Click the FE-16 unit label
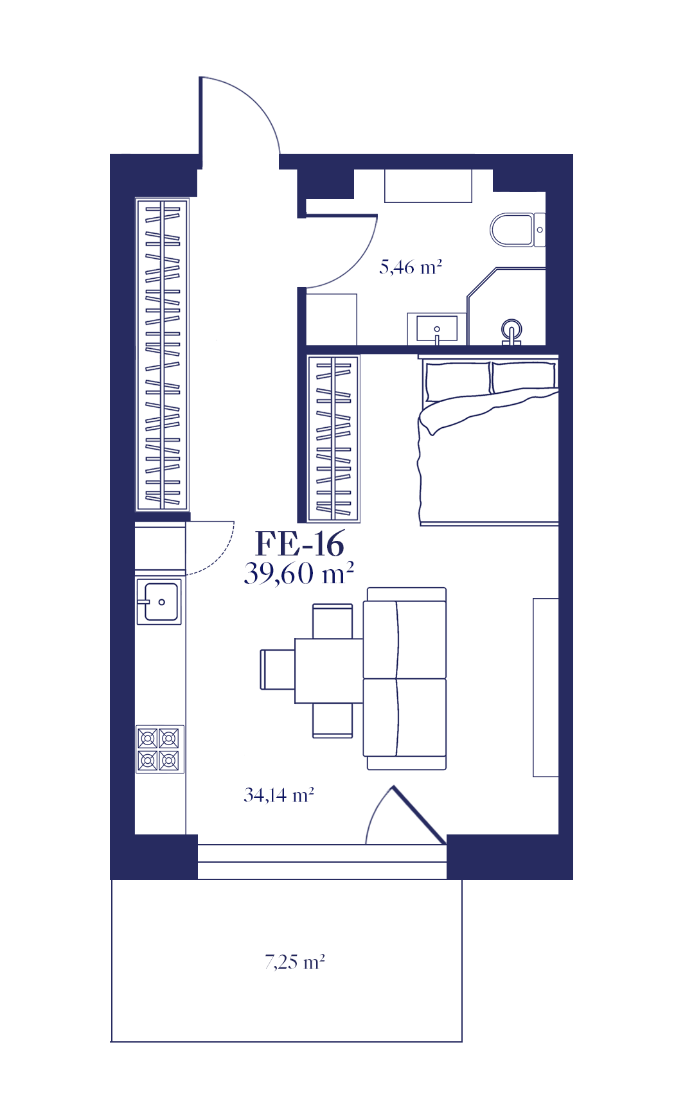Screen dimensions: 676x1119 click(x=299, y=544)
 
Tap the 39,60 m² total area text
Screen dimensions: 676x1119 click(x=299, y=573)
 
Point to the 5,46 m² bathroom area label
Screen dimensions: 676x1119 click(x=411, y=267)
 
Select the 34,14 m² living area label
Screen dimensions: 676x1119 click(x=279, y=795)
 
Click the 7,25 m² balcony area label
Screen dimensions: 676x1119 click(x=295, y=962)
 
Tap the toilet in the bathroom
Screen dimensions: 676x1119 click(x=517, y=229)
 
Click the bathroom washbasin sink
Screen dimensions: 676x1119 click(x=437, y=328)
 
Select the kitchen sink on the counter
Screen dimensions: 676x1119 click(x=159, y=601)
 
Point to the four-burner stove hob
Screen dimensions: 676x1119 click(x=159, y=749)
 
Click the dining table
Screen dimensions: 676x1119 click(x=329, y=671)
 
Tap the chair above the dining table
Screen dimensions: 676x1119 click(x=332, y=621)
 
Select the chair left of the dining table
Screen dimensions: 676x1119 click(x=278, y=669)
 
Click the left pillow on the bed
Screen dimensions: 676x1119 click(x=458, y=379)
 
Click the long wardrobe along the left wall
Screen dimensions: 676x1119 click(x=162, y=355)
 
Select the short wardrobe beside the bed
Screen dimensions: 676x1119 click(x=334, y=438)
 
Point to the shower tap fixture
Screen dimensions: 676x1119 click(x=511, y=333)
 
